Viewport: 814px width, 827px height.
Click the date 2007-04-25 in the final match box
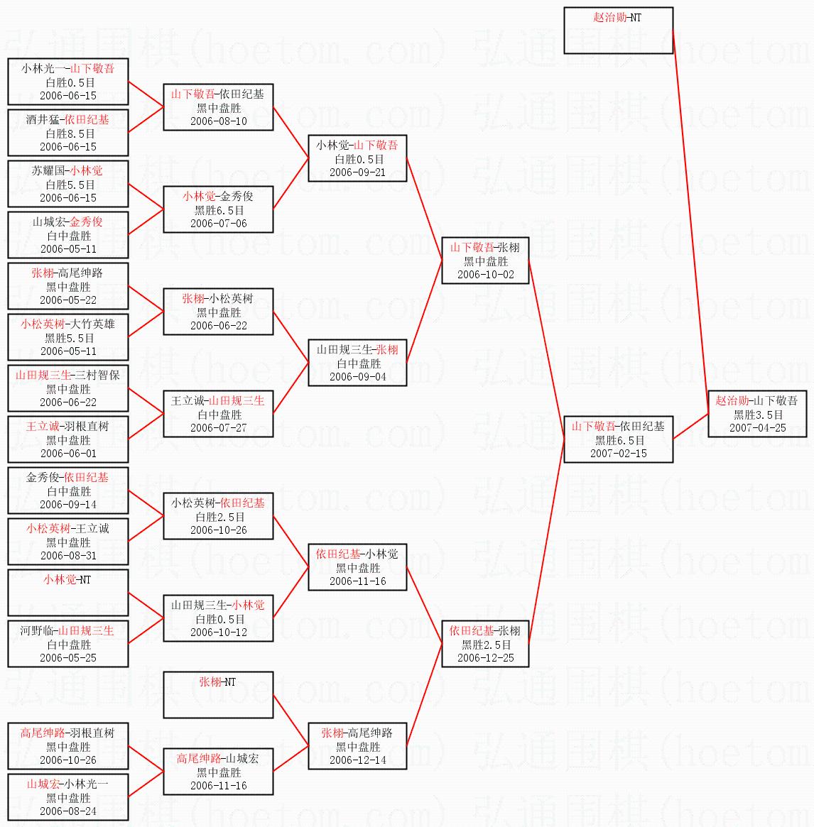(757, 428)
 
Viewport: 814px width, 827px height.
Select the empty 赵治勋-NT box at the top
(619, 31)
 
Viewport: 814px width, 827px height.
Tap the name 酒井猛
(42, 120)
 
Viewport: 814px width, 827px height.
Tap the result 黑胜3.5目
(758, 415)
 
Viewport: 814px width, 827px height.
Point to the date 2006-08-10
(219, 121)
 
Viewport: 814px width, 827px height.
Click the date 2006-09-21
(357, 172)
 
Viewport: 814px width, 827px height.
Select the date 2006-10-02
(486, 274)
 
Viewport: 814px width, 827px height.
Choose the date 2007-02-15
(619, 453)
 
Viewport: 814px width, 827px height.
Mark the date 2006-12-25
(486, 658)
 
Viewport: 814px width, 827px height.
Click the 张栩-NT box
(219, 695)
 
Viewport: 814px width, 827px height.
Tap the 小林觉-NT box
(68, 592)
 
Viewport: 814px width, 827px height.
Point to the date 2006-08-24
(68, 811)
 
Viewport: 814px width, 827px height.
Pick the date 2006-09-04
(357, 376)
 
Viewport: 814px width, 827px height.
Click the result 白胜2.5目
(219, 517)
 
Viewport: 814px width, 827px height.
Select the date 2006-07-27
(219, 428)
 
